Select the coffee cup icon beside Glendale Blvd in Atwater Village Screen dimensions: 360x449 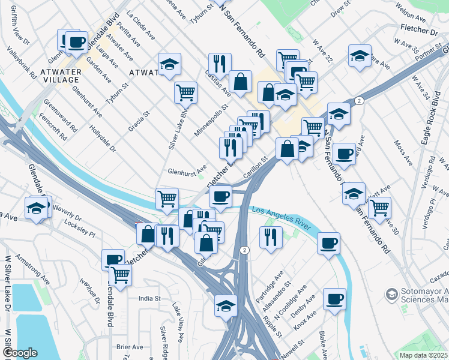point(76,42)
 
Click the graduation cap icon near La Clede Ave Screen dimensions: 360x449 point(170,64)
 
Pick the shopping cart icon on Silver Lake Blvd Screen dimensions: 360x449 point(185,92)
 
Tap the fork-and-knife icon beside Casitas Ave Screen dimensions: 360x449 point(220,63)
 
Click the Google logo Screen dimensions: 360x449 point(19,353)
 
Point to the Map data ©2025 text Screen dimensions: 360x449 point(424,355)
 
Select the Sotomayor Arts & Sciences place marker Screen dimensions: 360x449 point(392,294)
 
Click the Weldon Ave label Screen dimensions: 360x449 point(412,11)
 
